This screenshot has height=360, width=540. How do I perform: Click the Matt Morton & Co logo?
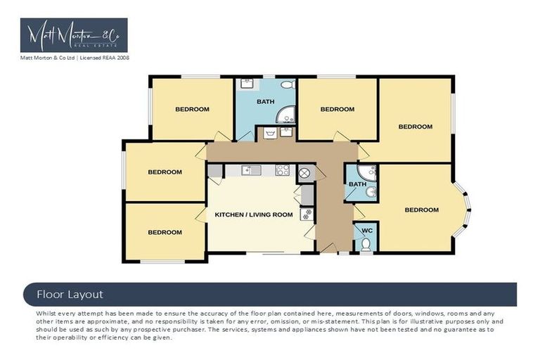74,35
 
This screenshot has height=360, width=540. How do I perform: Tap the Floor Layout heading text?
70,294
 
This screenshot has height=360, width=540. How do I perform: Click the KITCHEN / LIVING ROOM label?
253,214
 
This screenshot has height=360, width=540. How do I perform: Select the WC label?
366,230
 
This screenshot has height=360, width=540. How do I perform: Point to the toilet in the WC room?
366,245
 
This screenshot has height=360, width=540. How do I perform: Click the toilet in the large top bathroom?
286,84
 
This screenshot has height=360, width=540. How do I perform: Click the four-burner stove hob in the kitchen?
282,169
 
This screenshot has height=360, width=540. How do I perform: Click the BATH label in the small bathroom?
357,184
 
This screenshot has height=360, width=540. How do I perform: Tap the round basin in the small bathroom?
371,191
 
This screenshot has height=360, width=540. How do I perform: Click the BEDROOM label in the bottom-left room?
165,232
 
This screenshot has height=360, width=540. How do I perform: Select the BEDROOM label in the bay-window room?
421,210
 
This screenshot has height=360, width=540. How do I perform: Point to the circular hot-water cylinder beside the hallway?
305,174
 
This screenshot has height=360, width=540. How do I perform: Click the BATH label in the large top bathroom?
265,102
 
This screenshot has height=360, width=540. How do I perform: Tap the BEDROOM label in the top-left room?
192,109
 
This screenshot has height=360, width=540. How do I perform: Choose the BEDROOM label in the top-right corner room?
415,127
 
